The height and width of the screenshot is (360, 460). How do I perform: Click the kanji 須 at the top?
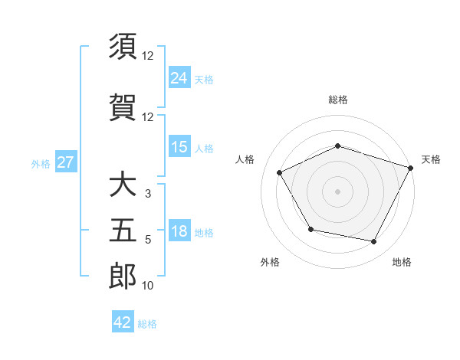pyautogui.click(x=123, y=47)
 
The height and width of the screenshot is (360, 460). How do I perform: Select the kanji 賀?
pyautogui.click(x=123, y=107)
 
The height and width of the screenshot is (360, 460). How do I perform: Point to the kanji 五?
pyautogui.click(x=123, y=231)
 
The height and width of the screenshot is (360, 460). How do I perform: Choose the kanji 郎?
pyautogui.click(x=123, y=276)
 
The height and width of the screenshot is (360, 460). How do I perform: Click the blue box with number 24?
pyautogui.click(x=179, y=78)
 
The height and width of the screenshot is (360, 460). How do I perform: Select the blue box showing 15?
pyautogui.click(x=179, y=147)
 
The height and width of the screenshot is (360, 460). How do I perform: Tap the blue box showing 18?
pyautogui.click(x=179, y=232)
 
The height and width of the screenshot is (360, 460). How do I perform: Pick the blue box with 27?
pyautogui.click(x=66, y=163)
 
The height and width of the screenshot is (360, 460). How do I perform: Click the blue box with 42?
pyautogui.click(x=123, y=322)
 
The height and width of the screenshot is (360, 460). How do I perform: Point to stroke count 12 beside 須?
pyautogui.click(x=148, y=56)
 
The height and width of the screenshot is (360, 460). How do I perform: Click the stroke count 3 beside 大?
pyautogui.click(x=148, y=194)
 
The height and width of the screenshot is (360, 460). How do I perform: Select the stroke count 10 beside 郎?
pyautogui.click(x=148, y=286)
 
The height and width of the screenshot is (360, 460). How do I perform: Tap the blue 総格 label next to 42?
pyautogui.click(x=147, y=324)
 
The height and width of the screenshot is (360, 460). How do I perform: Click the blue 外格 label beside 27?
pyautogui.click(x=41, y=164)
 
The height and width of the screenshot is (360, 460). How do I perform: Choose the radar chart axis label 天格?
pyautogui.click(x=431, y=159)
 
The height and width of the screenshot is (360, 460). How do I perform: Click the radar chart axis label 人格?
pyautogui.click(x=245, y=159)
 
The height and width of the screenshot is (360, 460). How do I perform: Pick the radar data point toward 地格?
pyautogui.click(x=374, y=242)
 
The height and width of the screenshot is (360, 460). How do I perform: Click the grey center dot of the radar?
pyautogui.click(x=337, y=191)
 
